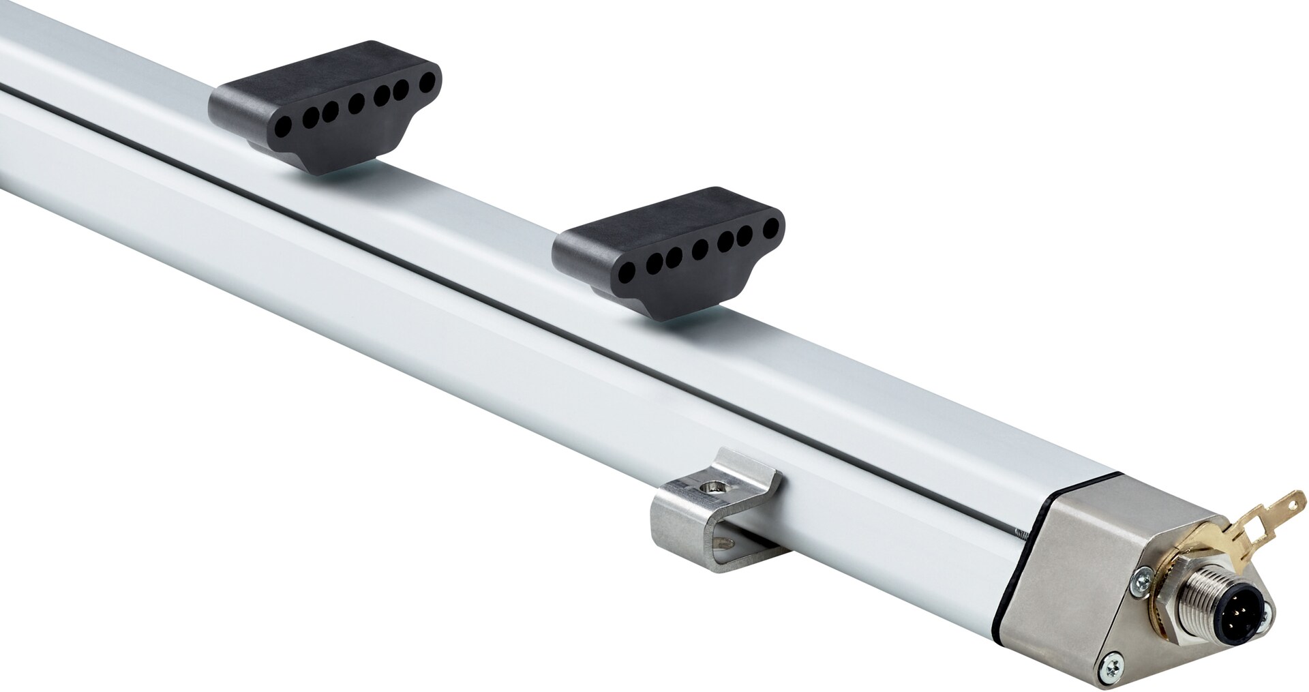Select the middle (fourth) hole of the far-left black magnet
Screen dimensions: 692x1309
(356, 104)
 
